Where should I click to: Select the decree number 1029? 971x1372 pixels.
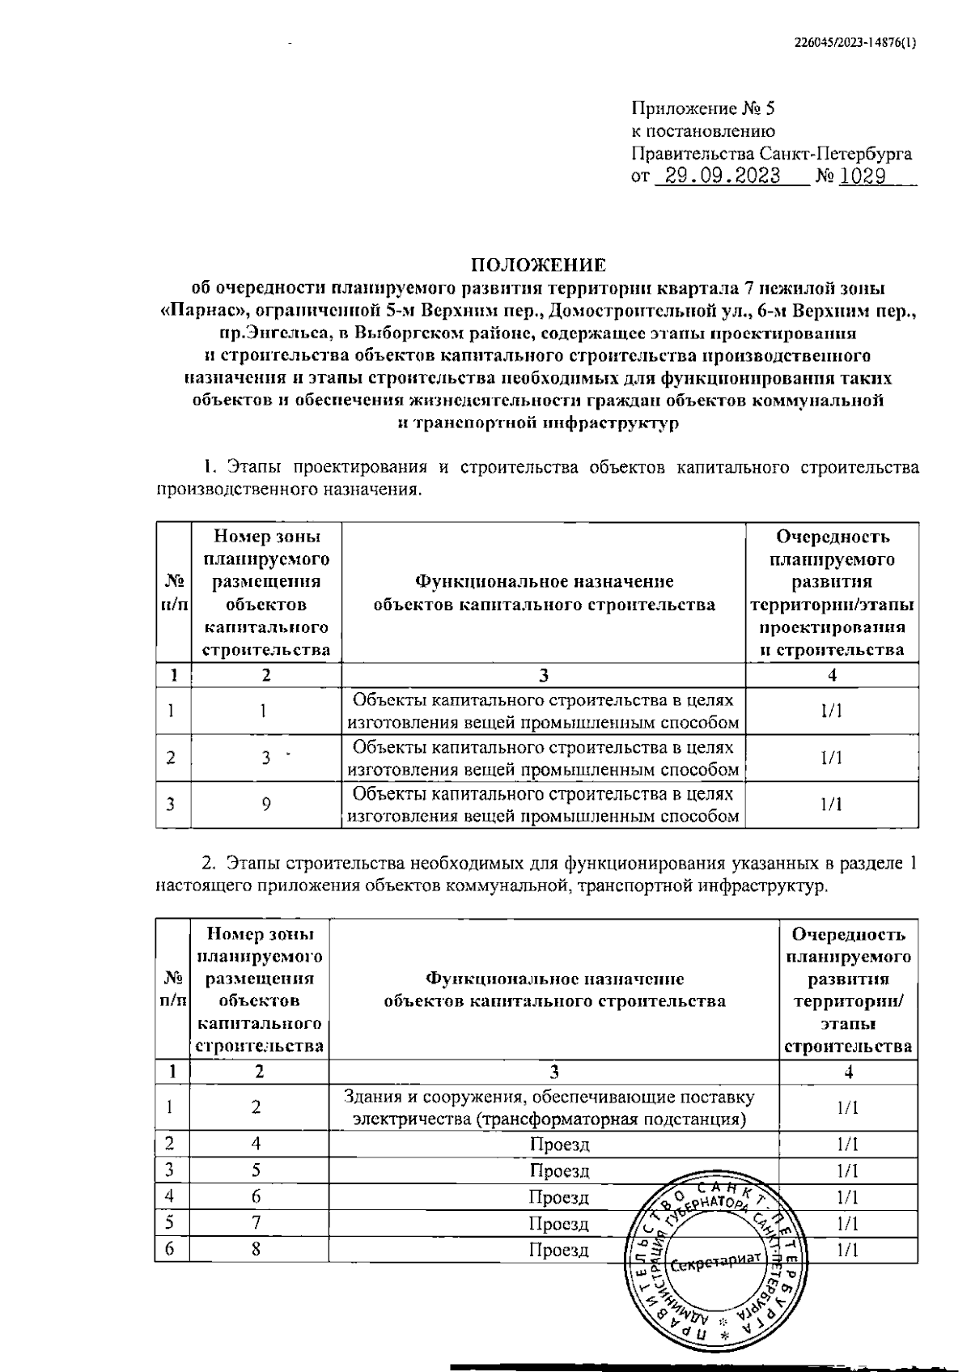[x=863, y=176]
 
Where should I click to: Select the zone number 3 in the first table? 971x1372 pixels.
[x=265, y=758]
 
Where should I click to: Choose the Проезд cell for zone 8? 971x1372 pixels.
[x=559, y=1250]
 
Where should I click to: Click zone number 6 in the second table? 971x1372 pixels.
[x=256, y=1197]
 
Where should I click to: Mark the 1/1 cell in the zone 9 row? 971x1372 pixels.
[x=831, y=804]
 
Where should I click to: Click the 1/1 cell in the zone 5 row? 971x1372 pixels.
[x=847, y=1170]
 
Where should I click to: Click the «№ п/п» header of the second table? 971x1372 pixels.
[x=172, y=989]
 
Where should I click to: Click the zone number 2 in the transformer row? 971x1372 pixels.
[x=256, y=1107]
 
